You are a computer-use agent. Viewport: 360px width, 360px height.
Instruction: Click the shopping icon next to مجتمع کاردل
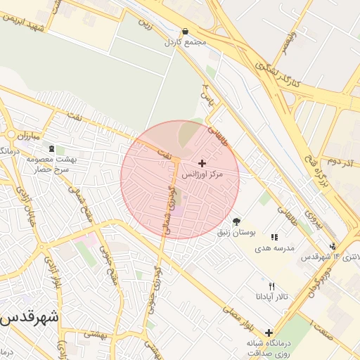coord(186,31)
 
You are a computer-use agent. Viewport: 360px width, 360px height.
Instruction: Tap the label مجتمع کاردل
coord(186,42)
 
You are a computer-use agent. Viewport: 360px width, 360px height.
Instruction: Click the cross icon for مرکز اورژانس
coord(202,163)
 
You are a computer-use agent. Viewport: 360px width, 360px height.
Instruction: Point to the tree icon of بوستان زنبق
coord(236,221)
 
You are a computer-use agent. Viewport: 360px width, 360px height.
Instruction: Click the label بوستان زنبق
coord(236,231)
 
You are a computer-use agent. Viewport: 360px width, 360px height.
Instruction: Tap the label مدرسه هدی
coord(274,248)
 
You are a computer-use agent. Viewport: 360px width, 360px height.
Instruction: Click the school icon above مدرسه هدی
coord(274,238)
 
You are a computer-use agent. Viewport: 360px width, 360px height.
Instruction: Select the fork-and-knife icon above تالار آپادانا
coord(272,286)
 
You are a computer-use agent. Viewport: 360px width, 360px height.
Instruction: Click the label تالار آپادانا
coord(272,297)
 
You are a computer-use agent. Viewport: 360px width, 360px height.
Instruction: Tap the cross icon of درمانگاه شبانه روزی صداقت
coord(269,332)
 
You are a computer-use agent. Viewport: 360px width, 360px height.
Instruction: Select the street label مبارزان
coord(32,134)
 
